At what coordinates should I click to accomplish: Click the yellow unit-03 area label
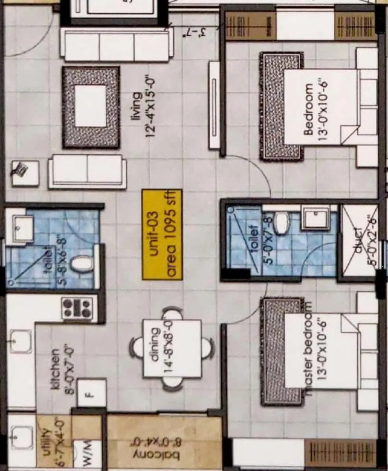[162, 234]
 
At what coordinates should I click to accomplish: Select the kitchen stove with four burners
[78, 308]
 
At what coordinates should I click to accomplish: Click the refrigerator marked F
[91, 393]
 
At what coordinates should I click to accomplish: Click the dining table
[172, 348]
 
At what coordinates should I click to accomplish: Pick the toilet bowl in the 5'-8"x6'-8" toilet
[83, 264]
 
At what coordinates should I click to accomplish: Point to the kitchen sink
[20, 341]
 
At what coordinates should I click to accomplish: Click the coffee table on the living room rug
[91, 106]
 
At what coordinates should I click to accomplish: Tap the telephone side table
[25, 173]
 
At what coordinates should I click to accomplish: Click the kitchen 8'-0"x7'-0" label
[61, 369]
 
